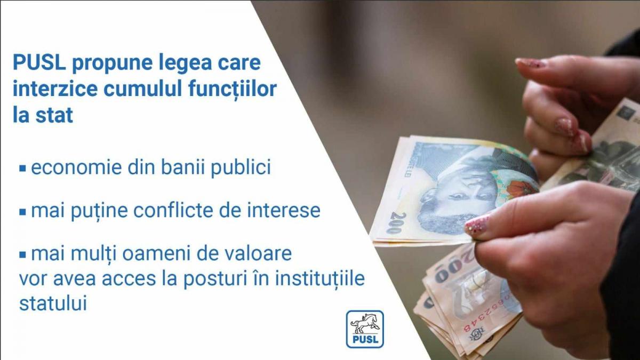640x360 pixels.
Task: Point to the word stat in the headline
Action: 54,116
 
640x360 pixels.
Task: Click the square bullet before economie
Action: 23,168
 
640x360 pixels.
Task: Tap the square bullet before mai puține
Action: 23,211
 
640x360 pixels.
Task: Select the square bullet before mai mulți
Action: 23,254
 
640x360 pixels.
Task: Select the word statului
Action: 53,303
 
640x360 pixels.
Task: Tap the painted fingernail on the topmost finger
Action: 531,63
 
